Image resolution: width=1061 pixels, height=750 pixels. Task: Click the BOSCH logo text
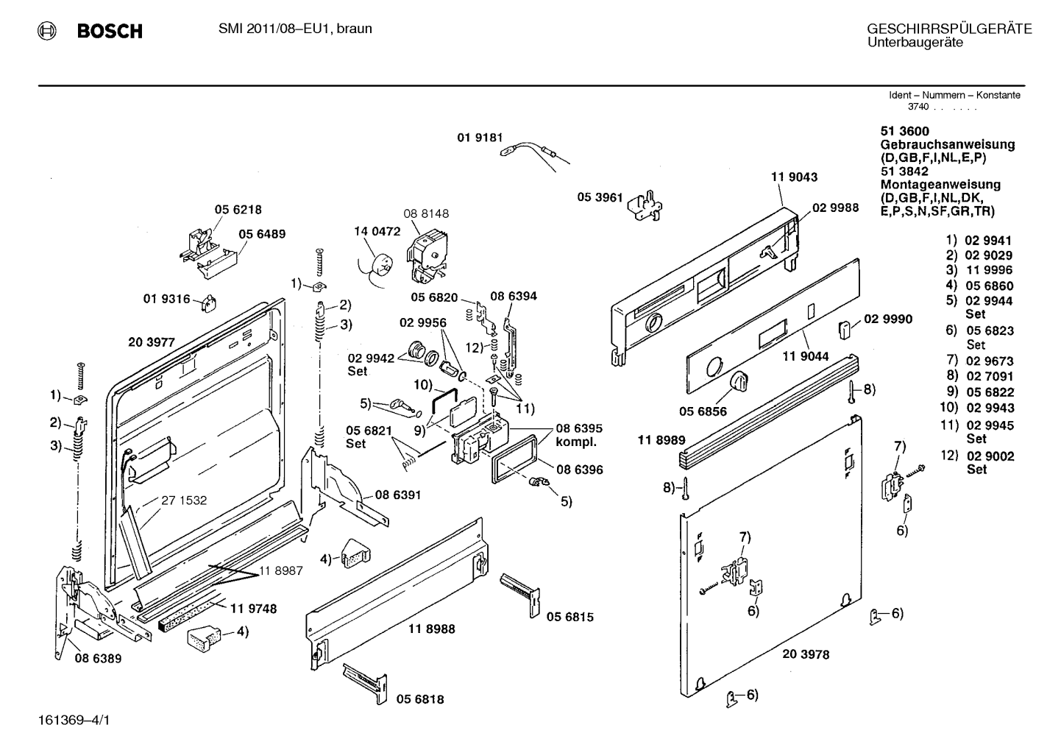tap(110, 31)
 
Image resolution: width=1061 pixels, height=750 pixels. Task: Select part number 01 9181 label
tap(479, 137)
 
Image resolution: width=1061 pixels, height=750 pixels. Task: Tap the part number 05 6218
tap(238, 210)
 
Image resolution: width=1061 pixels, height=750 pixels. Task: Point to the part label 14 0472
tap(377, 231)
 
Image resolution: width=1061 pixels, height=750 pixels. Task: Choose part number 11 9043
tap(794, 177)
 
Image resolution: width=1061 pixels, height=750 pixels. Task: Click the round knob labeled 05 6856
tap(739, 383)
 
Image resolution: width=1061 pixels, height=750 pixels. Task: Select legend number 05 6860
tap(989, 286)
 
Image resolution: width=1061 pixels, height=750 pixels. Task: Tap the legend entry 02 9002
tap(990, 456)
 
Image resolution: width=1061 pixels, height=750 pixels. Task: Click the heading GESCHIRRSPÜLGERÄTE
tap(949, 29)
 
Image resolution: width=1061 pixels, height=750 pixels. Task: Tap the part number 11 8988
tap(432, 629)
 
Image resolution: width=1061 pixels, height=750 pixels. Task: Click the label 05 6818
tap(420, 699)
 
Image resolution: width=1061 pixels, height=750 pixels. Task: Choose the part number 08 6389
tap(98, 659)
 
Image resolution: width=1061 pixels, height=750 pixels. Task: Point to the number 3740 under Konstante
tap(918, 107)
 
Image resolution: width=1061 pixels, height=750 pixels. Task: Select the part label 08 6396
tap(579, 470)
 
